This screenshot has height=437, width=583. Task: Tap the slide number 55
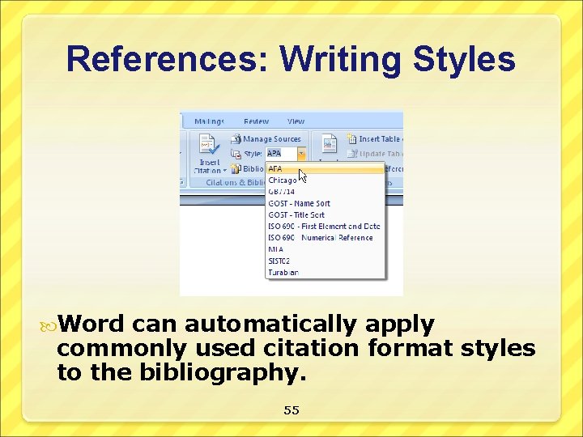291,410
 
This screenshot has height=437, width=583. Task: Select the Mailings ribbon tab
209,121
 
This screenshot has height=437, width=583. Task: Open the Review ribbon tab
256,121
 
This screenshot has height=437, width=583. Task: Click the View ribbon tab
296,121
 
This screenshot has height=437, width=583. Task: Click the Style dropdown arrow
301,153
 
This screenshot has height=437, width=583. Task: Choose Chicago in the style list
283,180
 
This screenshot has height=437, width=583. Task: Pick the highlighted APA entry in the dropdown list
276,169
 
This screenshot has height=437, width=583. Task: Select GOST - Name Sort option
299,203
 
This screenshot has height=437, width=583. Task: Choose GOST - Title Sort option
296,214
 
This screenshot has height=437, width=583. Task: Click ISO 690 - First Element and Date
324,227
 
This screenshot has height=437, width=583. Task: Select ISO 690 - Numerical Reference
321,238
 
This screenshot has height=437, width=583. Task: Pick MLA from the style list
275,249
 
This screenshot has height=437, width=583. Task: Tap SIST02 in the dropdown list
279,261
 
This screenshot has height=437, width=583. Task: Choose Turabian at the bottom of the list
283,272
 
